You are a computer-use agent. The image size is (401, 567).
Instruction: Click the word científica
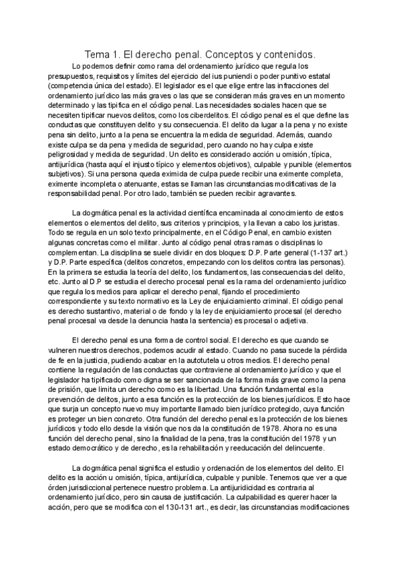click(207, 213)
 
